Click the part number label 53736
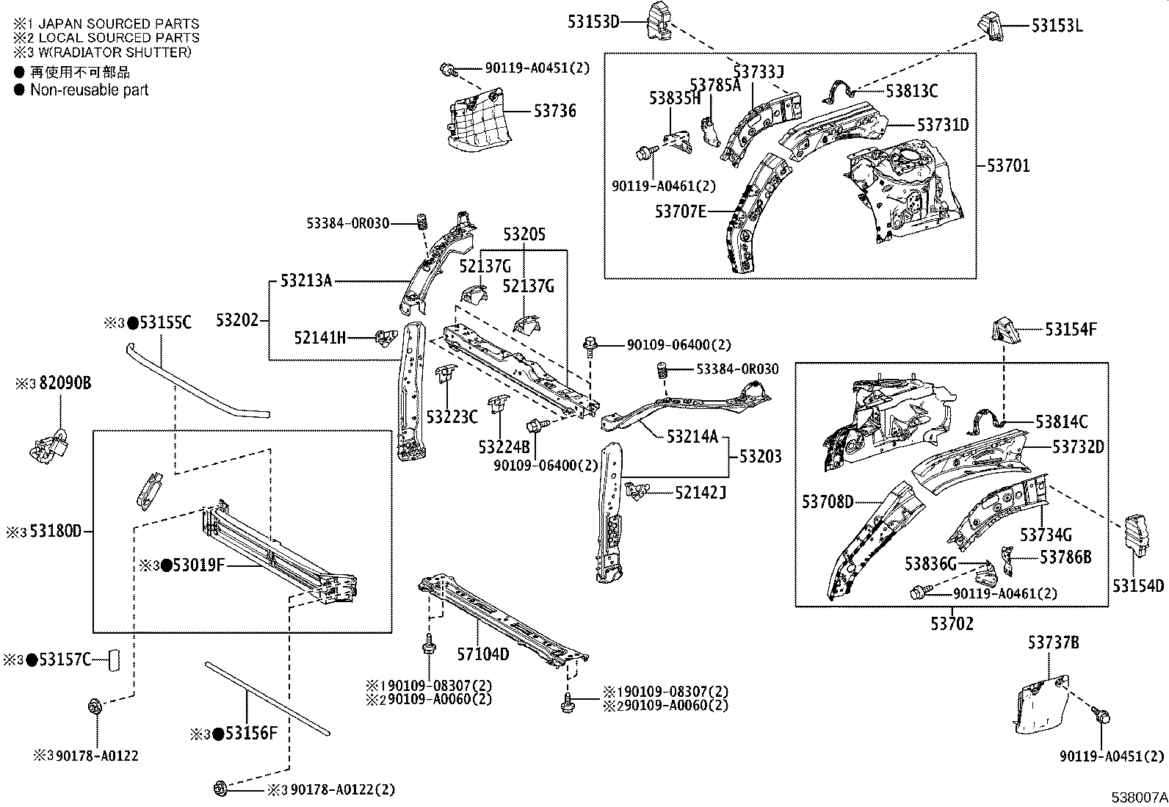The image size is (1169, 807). click(554, 112)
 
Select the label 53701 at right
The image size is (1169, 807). click(1007, 166)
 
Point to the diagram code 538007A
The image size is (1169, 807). click(1137, 797)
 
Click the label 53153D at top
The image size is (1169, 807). click(593, 22)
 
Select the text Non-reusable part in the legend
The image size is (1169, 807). click(89, 90)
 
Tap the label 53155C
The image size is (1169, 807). click(165, 322)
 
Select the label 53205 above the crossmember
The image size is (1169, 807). click(524, 235)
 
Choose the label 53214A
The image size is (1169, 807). click(692, 437)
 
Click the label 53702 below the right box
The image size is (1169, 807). click(952, 624)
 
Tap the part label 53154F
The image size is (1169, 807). click(1071, 330)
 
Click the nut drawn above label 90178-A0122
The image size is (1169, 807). click(95, 707)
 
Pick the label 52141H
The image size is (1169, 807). click(319, 338)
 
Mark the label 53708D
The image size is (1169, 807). click(828, 502)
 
